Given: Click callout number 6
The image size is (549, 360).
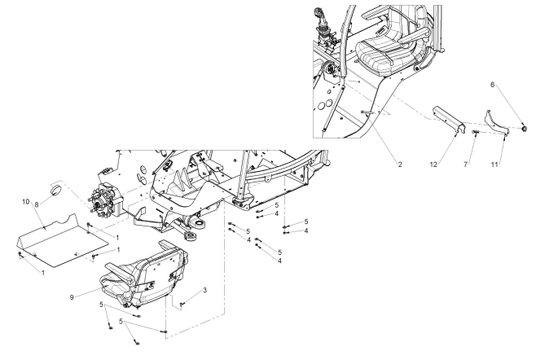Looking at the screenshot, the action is coord(492,85).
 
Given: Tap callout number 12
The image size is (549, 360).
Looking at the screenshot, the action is coord(433,165).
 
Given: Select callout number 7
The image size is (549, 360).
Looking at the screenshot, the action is coord(465,165).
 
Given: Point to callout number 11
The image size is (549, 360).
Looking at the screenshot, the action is coord(494,165).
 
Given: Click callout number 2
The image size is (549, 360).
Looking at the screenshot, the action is coord(400,165).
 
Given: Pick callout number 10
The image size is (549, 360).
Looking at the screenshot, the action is coord(25,202).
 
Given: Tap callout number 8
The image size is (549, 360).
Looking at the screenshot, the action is coord(37,205).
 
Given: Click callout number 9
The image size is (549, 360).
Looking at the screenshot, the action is coord(72,297).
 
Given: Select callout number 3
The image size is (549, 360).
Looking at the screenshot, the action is coord(204,290).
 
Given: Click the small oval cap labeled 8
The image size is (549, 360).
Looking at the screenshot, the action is coord(55,190).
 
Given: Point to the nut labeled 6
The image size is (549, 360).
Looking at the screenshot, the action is coord(524,129).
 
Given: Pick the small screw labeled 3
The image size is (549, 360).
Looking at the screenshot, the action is coord(182,305).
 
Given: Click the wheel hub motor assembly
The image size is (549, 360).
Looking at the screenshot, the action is coord(106,200).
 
